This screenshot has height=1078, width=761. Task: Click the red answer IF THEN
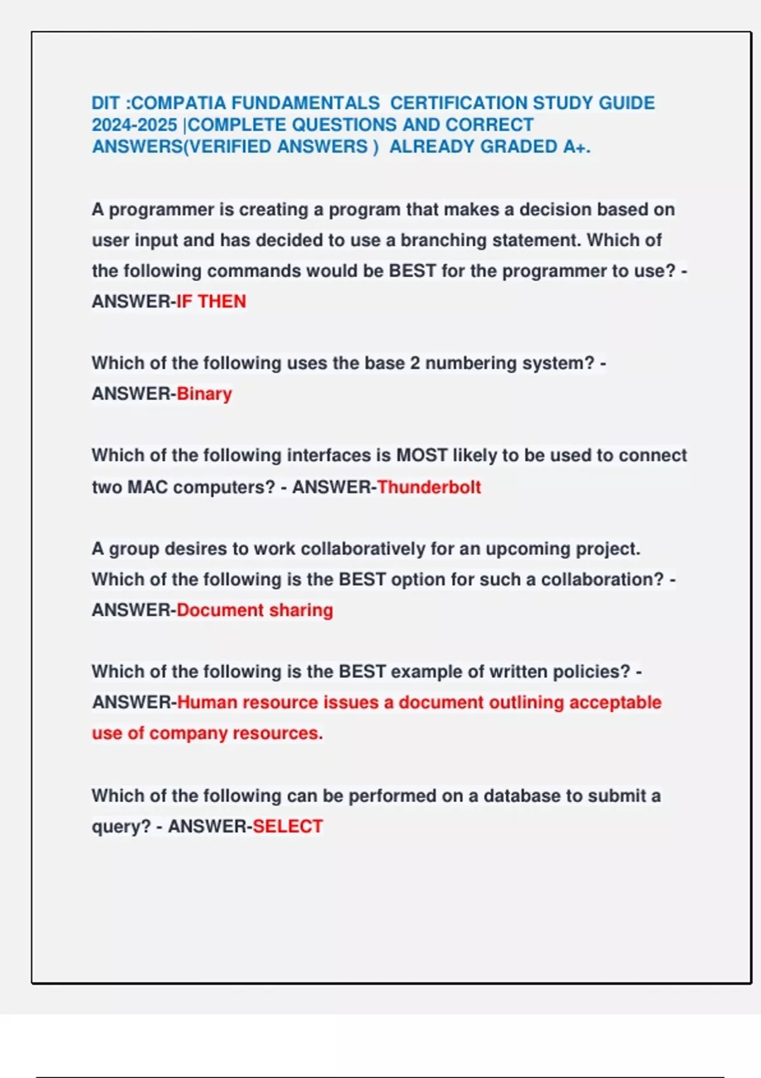211,301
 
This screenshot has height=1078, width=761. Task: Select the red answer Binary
204,394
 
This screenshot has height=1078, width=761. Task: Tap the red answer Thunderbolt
429,487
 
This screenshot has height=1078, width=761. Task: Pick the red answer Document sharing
254,610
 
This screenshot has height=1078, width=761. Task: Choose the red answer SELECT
287,826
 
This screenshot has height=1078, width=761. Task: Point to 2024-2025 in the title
134,125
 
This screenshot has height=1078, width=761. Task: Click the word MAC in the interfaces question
147,487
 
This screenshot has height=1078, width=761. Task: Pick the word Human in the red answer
207,703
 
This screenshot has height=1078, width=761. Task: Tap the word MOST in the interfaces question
422,455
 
